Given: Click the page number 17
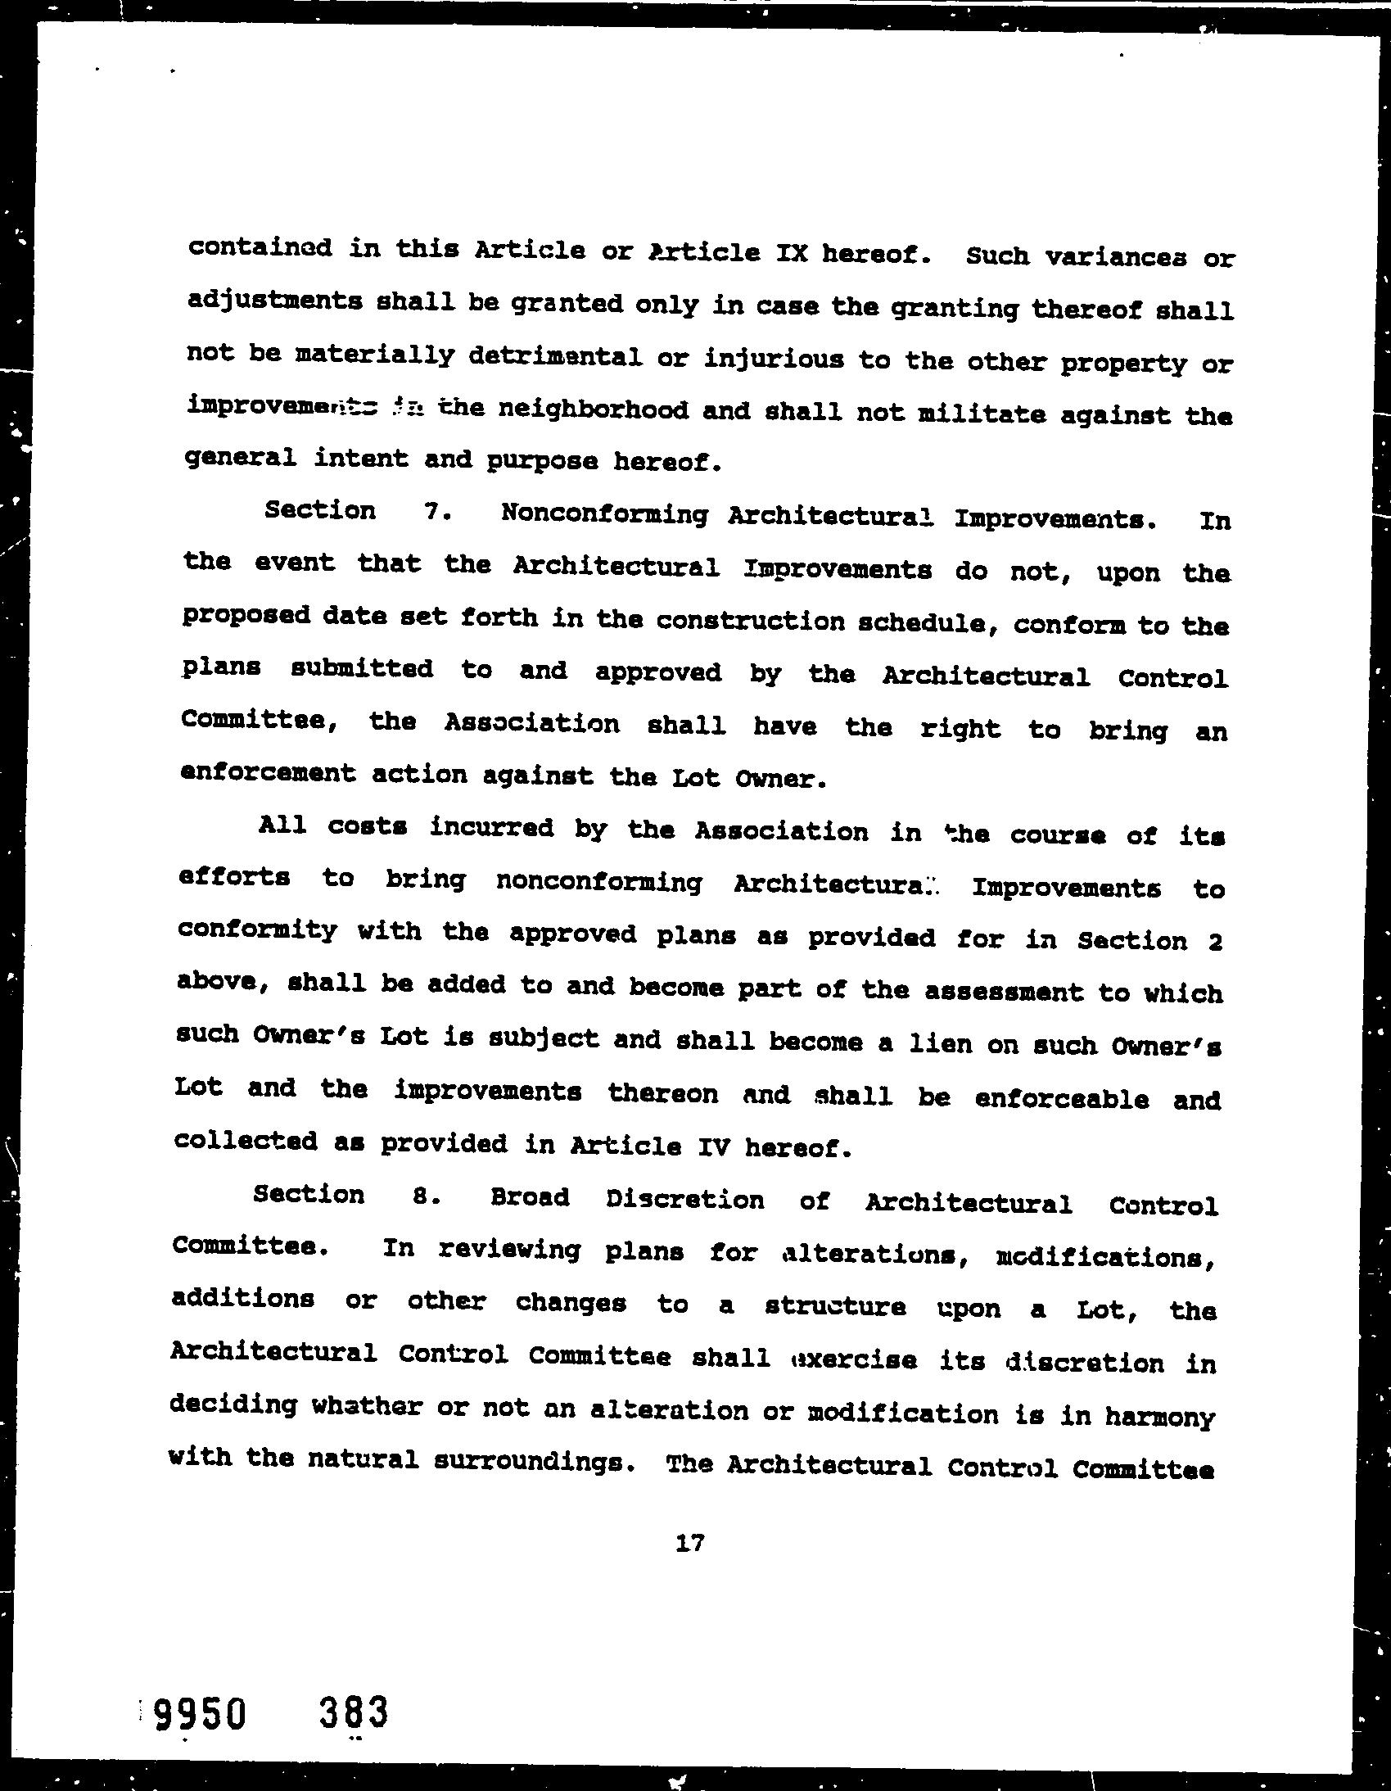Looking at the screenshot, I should pos(690,1544).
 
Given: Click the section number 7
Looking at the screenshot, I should pos(434,512).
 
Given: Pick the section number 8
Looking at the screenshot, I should pos(422,1196).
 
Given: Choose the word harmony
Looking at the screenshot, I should pos(1155,1416).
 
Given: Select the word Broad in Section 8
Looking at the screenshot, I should pos(530,1197).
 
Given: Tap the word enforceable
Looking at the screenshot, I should pos(1062,1099).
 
